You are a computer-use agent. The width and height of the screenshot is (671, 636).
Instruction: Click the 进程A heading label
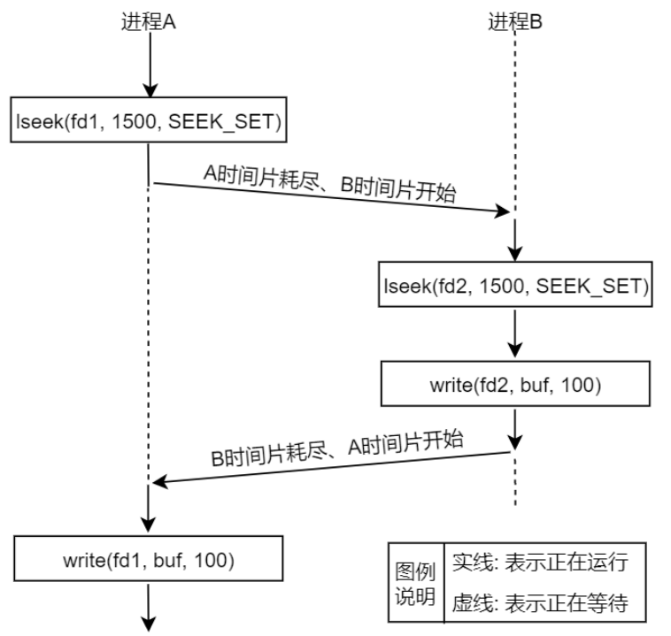149,22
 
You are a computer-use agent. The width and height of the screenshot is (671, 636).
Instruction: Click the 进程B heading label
515,22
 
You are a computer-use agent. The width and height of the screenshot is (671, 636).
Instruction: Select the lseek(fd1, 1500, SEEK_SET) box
149,122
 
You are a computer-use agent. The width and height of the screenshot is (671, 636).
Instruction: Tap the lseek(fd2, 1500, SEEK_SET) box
515,285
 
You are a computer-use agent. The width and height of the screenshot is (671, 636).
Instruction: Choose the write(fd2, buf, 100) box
515,386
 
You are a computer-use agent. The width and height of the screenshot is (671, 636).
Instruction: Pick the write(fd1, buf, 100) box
149,559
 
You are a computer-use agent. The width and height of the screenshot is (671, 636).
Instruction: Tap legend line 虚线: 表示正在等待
540,603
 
